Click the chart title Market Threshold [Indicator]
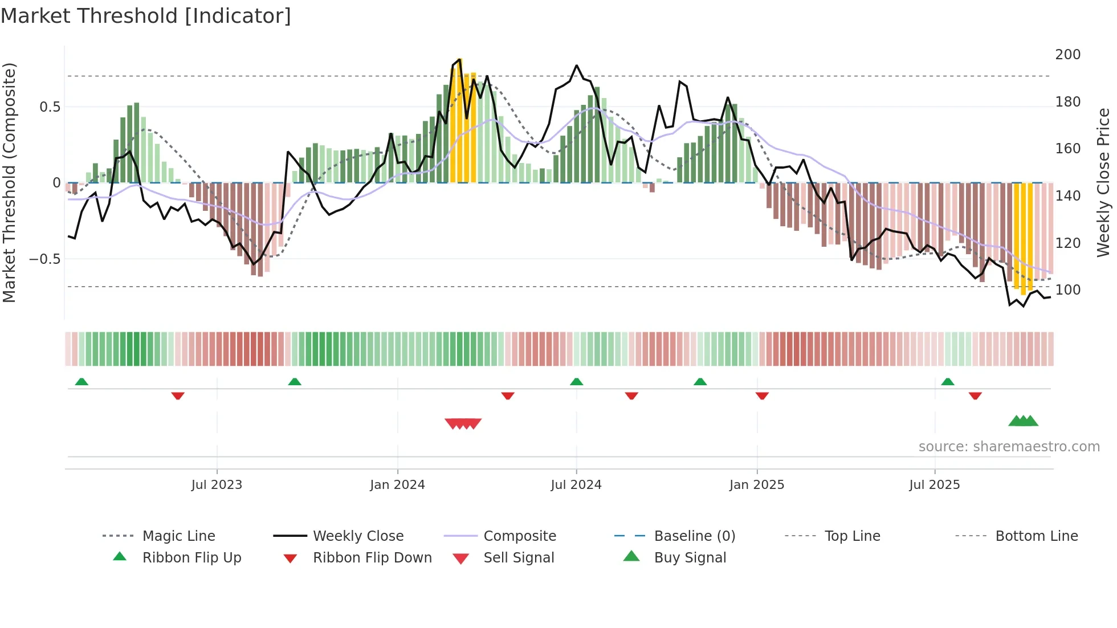[x=146, y=16]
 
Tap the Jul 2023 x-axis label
[x=217, y=485]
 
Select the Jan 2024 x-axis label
[x=397, y=485]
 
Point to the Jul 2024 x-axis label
[x=576, y=485]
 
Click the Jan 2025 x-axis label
[x=756, y=485]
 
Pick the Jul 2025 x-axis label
[x=934, y=485]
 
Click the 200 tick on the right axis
[x=1067, y=55]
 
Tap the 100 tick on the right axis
[x=1067, y=290]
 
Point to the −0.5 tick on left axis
[x=44, y=259]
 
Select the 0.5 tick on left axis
[x=50, y=107]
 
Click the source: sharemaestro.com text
[x=1009, y=447]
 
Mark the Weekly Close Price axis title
[x=1103, y=182]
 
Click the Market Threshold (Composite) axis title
[x=9, y=182]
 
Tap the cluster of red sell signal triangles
[x=463, y=423]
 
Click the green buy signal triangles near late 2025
[x=1023, y=421]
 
